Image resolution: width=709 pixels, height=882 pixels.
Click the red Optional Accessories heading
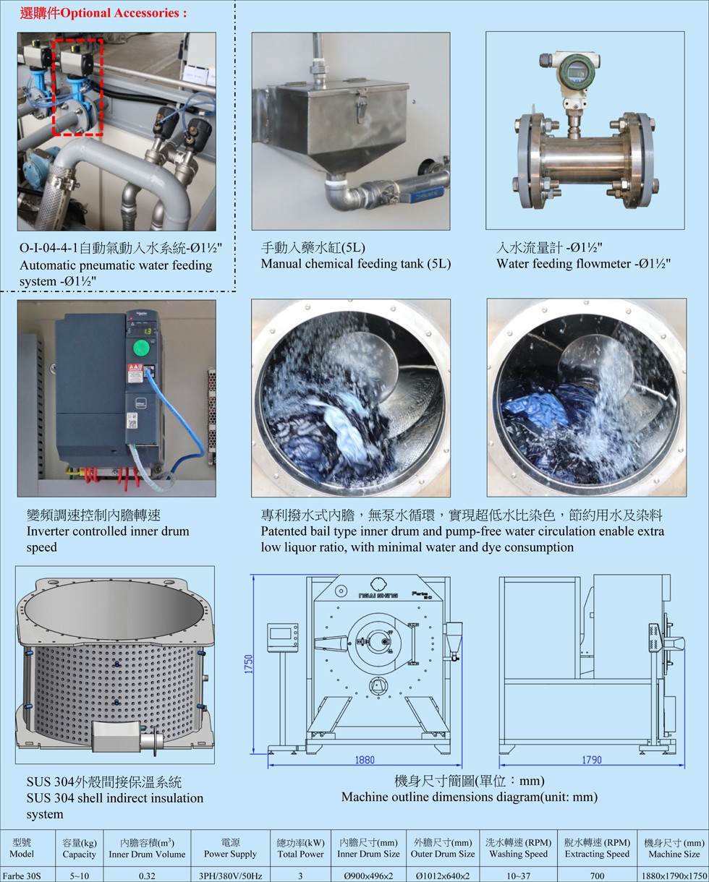tap(103, 13)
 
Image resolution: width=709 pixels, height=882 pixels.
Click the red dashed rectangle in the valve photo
tap(77, 87)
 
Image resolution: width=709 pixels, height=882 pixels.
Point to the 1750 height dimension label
tap(249, 664)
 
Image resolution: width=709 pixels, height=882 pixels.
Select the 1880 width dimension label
tap(365, 760)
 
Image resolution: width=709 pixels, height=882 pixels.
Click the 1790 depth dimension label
tap(592, 760)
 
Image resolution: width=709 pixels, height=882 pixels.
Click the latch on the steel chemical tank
tap(360, 105)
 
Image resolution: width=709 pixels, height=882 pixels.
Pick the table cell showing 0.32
tap(147, 875)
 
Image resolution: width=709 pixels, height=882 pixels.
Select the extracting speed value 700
tap(597, 875)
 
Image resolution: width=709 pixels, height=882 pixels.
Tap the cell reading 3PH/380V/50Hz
tap(230, 875)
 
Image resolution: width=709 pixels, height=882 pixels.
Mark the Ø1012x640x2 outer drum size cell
tap(443, 875)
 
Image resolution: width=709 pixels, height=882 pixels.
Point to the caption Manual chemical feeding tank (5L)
tap(356, 264)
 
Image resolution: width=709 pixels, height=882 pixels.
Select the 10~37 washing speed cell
tap(518, 875)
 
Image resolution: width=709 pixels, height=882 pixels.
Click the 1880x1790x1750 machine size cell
tap(674, 875)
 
